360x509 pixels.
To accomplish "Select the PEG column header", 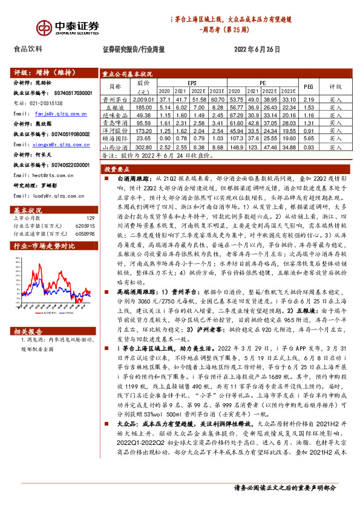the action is (x=309, y=87).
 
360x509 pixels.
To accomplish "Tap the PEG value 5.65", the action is (x=309, y=138).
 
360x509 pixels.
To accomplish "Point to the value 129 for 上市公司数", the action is (x=90, y=218).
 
